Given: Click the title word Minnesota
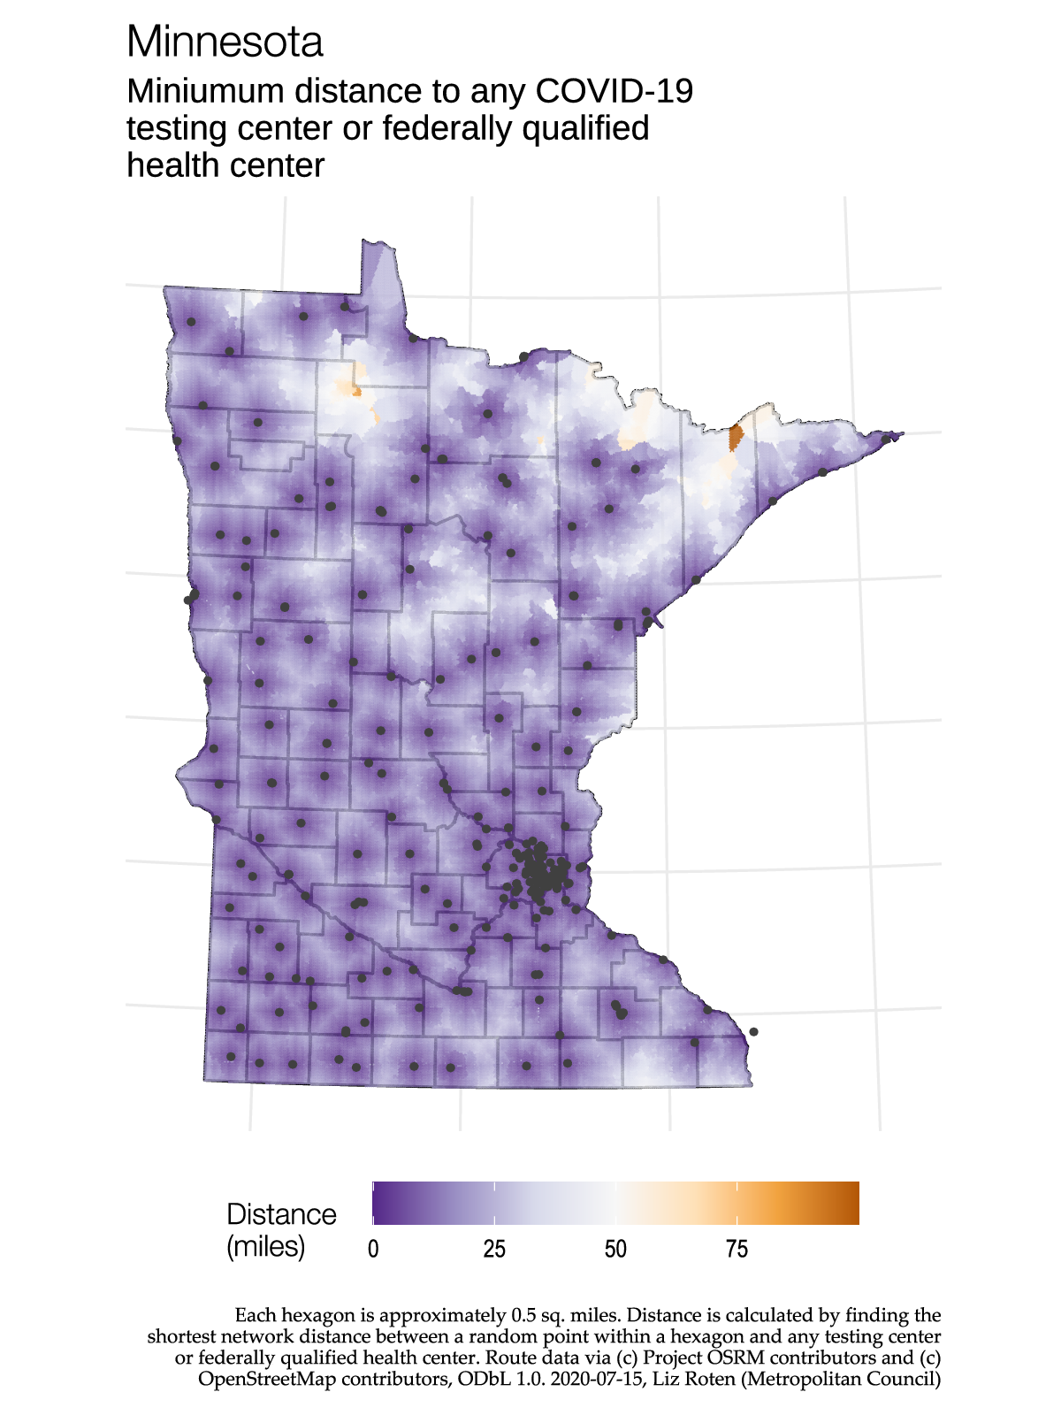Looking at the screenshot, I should point(225,42).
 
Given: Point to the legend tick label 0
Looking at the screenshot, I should point(373,1249).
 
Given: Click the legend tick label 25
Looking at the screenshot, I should point(494,1249).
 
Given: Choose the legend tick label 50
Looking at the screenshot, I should point(615,1249).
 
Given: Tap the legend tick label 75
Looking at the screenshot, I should point(737,1249).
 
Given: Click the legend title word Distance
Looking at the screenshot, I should point(281,1214).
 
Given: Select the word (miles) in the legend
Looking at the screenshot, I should point(266,1246).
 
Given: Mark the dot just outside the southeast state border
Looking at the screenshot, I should point(753,1031).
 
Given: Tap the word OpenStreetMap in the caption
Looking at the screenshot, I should point(267,1379).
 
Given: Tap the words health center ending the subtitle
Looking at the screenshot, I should point(225,165).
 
